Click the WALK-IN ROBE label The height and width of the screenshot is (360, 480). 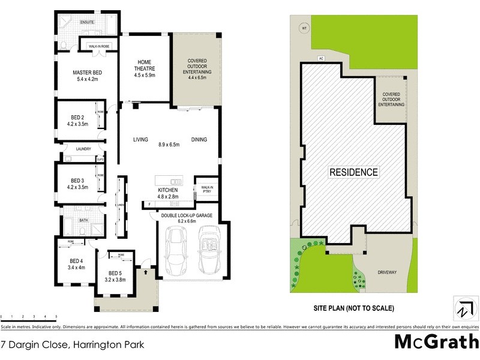pos(98,46)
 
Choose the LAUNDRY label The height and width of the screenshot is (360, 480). pos(83,149)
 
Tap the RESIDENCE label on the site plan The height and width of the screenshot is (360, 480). pos(354,172)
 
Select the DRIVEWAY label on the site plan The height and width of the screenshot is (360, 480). pos(387,272)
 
